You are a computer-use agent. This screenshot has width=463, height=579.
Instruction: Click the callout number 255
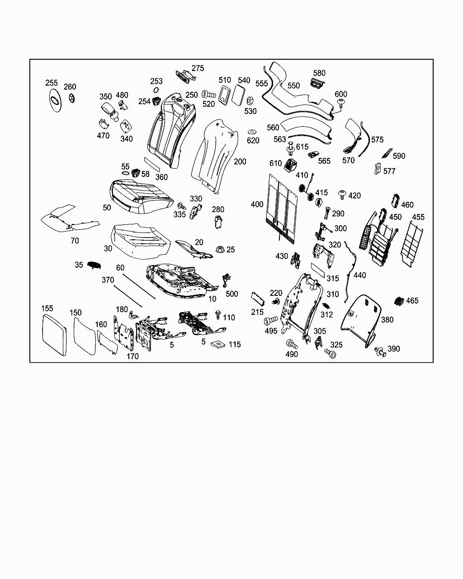click(x=52, y=83)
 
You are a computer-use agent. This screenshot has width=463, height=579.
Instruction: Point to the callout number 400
click(x=257, y=204)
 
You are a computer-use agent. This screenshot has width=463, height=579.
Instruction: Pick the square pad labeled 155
click(x=53, y=335)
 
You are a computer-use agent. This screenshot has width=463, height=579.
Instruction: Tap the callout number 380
click(x=387, y=319)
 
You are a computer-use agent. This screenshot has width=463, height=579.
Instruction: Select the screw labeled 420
click(x=342, y=195)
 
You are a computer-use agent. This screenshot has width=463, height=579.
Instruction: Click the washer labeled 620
click(x=252, y=132)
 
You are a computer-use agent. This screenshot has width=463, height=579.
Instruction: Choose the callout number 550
click(x=293, y=85)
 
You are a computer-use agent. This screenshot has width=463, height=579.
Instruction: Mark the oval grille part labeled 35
click(x=94, y=266)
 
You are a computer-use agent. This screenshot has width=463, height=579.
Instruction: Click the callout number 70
click(x=75, y=241)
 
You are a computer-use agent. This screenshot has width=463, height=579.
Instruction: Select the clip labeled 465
click(x=399, y=301)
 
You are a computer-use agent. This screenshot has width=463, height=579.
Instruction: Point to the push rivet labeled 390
click(x=380, y=351)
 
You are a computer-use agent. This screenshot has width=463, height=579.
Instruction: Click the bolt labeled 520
click(x=208, y=95)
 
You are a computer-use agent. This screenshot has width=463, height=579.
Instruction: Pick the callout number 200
click(x=240, y=161)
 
